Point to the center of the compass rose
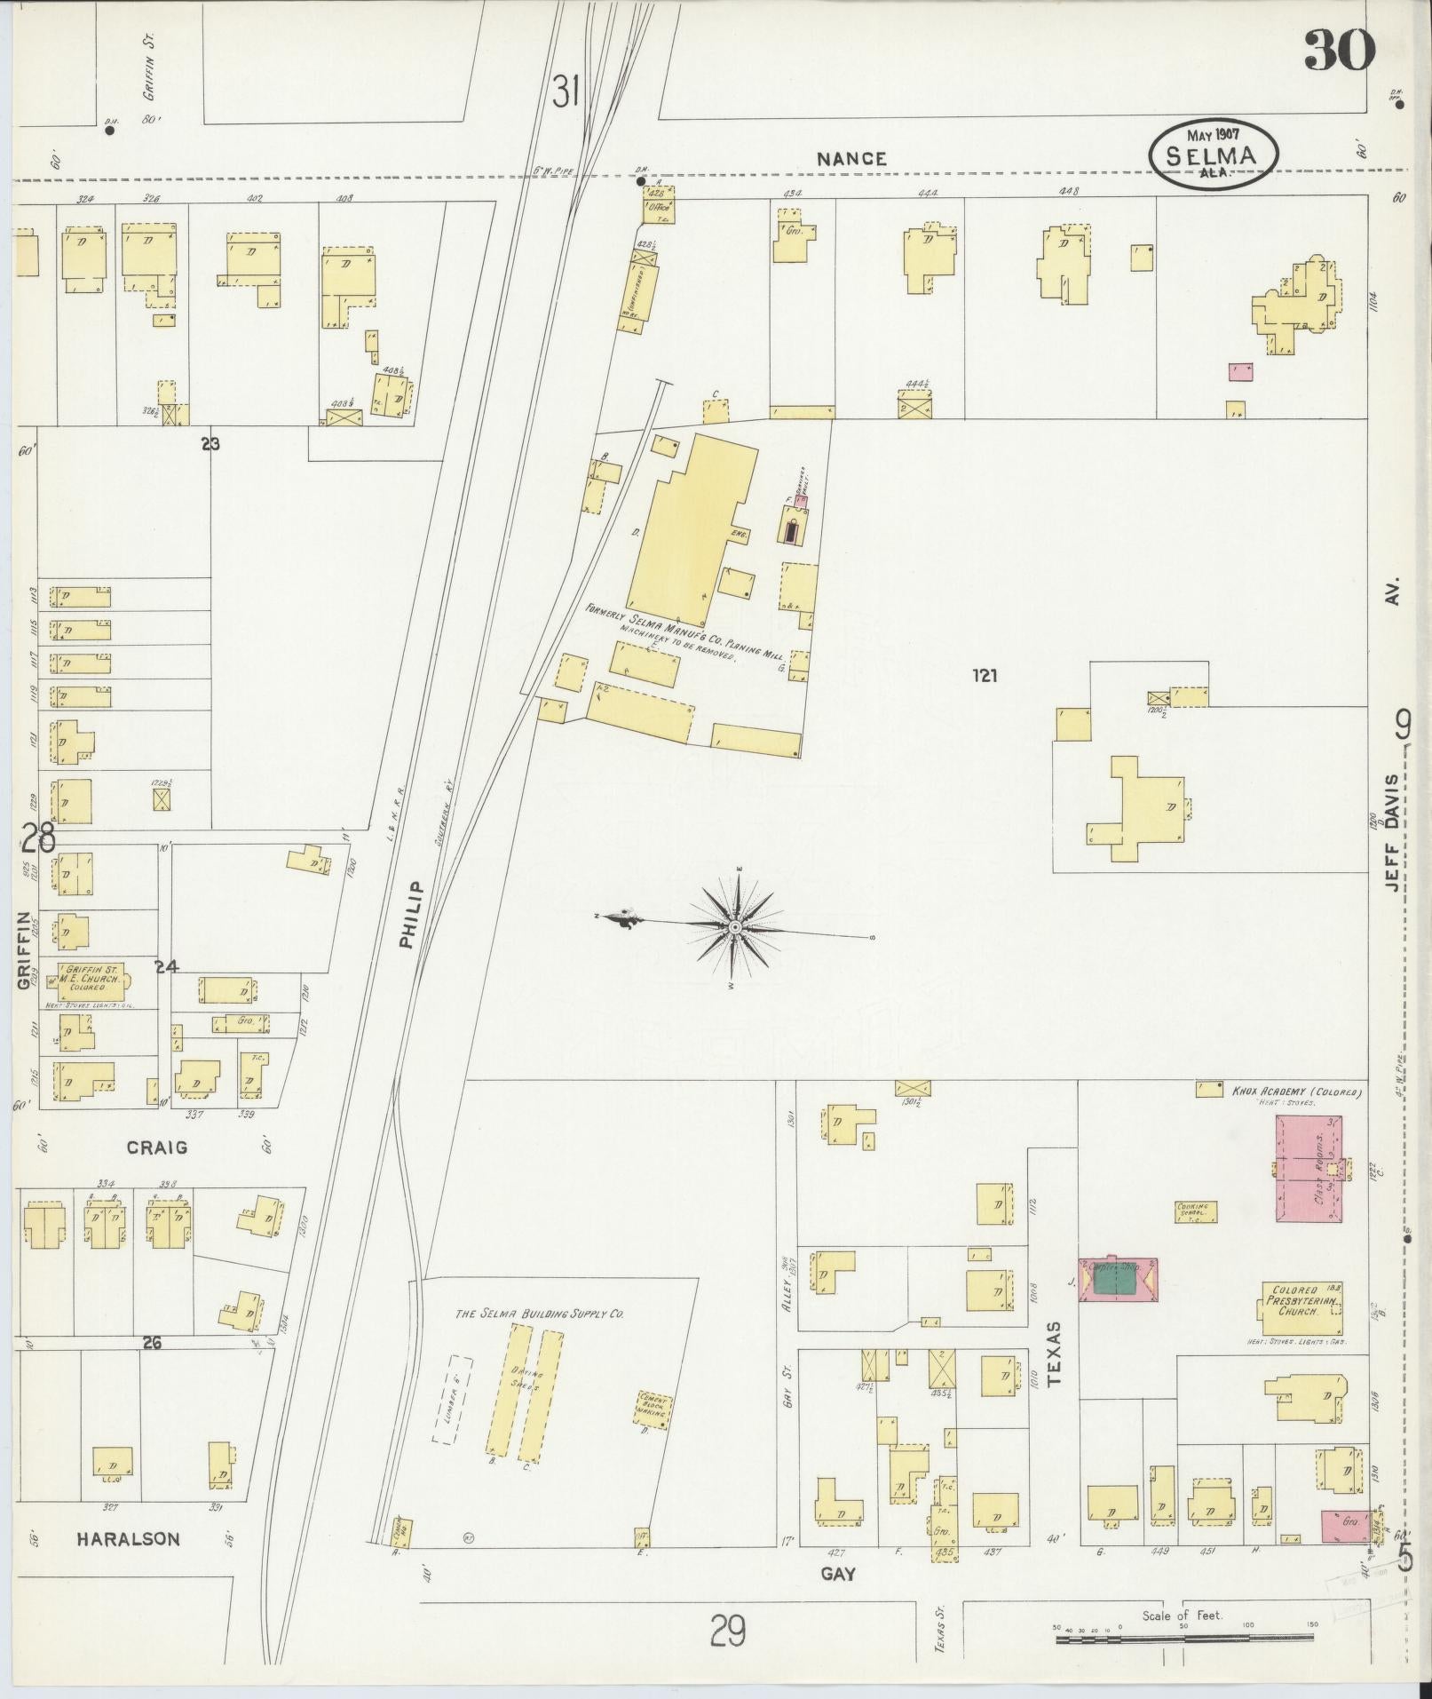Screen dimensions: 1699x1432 pyautogui.click(x=735, y=928)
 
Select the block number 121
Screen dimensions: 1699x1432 pyautogui.click(x=984, y=676)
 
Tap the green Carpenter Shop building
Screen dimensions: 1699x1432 pyautogui.click(x=1116, y=1281)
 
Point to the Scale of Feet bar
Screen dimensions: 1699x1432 pyautogui.click(x=1185, y=1638)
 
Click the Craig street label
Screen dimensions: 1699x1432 pyautogui.click(x=156, y=1147)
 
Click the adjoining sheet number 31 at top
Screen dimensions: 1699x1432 pyautogui.click(x=566, y=91)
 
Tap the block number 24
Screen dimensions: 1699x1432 pyautogui.click(x=166, y=966)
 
